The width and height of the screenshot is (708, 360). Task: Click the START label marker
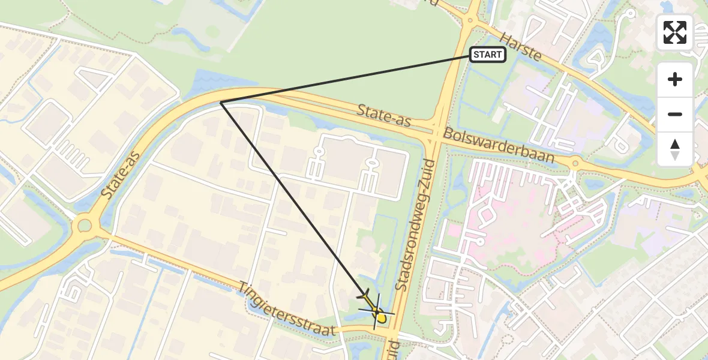click(x=487, y=55)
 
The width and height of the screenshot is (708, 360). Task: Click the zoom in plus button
click(x=675, y=79)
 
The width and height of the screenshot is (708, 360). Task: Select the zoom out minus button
click(x=675, y=114)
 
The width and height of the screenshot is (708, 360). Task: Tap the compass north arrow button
click(x=675, y=149)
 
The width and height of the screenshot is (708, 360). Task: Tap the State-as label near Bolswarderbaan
click(x=383, y=115)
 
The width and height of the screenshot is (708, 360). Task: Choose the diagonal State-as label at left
click(x=120, y=175)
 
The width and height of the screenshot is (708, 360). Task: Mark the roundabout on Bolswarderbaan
click(x=575, y=163)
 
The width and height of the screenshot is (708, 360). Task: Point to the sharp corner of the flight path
click(x=221, y=103)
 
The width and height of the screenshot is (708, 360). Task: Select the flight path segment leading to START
click(x=345, y=79)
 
